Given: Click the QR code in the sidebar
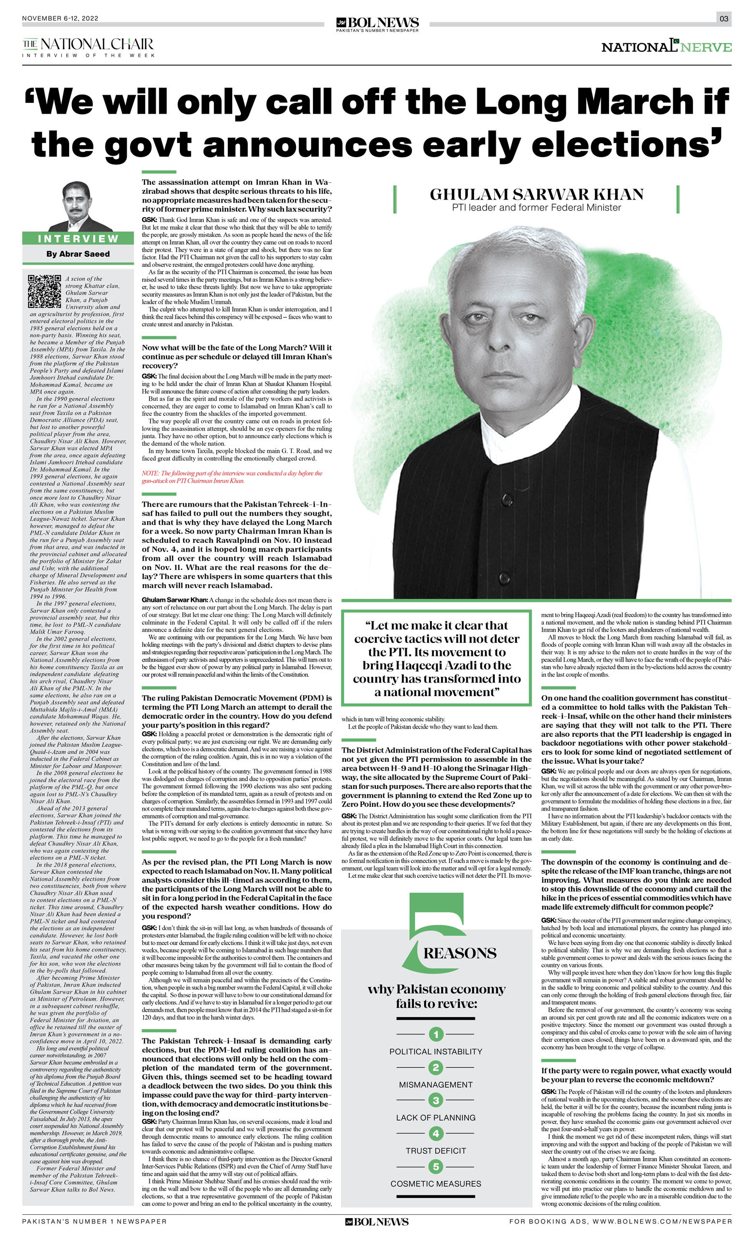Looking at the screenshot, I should tap(44, 291).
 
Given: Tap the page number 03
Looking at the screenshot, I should tap(724, 18).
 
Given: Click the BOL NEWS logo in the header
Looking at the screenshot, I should tap(377, 23).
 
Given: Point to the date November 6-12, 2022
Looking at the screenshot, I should tap(60, 18).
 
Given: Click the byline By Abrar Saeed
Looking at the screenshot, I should tap(78, 254).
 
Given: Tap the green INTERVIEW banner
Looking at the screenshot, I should tap(78, 238).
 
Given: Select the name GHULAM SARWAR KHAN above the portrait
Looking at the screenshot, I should tap(536, 194).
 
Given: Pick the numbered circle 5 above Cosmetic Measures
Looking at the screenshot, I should tap(436, 1166).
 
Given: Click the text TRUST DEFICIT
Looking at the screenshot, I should tap(436, 1150).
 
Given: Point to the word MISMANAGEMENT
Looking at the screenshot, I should tap(436, 1084).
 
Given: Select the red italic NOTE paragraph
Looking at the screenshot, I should tap(232, 477).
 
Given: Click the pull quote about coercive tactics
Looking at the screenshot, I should tap(436, 658).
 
